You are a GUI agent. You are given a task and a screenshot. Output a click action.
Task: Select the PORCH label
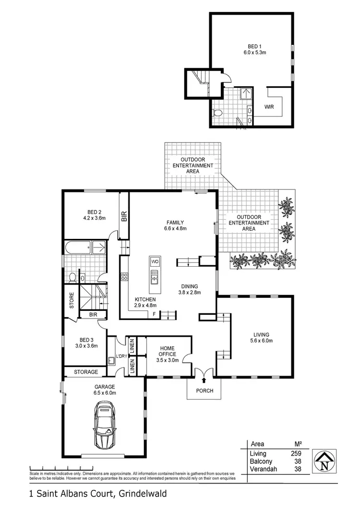coord(204,391)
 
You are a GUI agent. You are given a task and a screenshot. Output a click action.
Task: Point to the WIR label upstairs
coord(269,107)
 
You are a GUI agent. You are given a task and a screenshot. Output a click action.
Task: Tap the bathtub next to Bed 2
coord(78,248)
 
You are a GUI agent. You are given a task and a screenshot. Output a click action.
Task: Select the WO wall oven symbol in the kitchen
coord(155,261)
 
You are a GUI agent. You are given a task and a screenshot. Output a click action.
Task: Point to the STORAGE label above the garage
coord(86,372)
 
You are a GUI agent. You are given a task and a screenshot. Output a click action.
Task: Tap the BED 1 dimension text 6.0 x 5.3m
coord(252,54)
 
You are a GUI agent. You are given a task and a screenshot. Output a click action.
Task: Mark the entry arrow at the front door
coord(204,379)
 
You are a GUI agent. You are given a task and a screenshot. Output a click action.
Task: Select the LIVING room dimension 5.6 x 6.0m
coord(262,341)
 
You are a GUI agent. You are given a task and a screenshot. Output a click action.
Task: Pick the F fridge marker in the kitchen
coord(154,314)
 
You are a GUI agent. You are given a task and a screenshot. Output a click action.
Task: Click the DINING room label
coord(190,286)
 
